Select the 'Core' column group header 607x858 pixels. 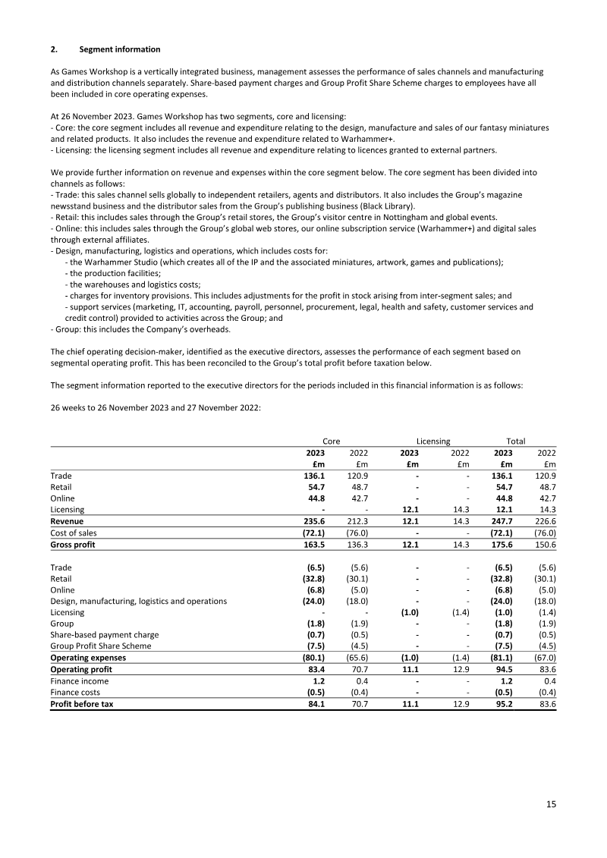332,441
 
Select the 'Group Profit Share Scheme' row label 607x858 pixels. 100,646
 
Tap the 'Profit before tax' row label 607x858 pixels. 82,702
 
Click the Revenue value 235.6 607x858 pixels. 314,522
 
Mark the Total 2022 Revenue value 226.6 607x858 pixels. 544,522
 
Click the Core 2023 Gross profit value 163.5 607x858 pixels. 314,544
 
